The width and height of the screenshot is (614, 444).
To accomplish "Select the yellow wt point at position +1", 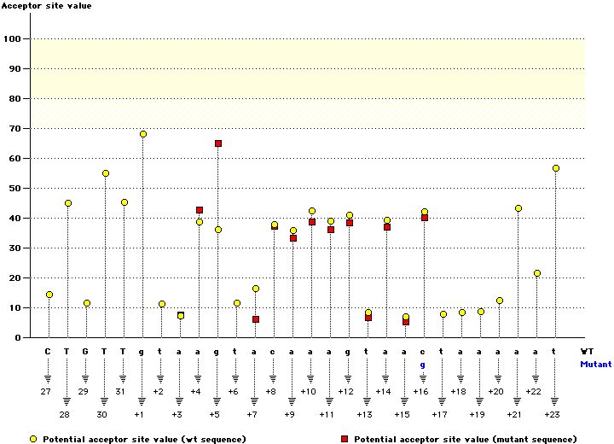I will (x=143, y=134).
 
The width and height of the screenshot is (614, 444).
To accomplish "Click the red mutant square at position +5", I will (x=218, y=143).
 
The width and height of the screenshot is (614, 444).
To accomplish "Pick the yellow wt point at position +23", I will (x=556, y=168).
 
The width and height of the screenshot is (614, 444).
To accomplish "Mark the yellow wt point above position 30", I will (x=106, y=173).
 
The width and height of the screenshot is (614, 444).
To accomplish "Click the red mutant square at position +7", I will (x=256, y=319).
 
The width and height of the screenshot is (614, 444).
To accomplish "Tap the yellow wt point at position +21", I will (x=518, y=208).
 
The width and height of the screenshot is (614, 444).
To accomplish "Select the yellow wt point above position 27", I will (x=49, y=295).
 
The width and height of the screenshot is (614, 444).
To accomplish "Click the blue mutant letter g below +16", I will (x=424, y=364).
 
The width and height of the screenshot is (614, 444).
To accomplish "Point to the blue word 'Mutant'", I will (x=595, y=364).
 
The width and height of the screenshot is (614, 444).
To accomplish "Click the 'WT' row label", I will (x=588, y=351).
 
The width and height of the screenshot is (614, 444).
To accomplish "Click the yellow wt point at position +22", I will (x=537, y=273).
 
